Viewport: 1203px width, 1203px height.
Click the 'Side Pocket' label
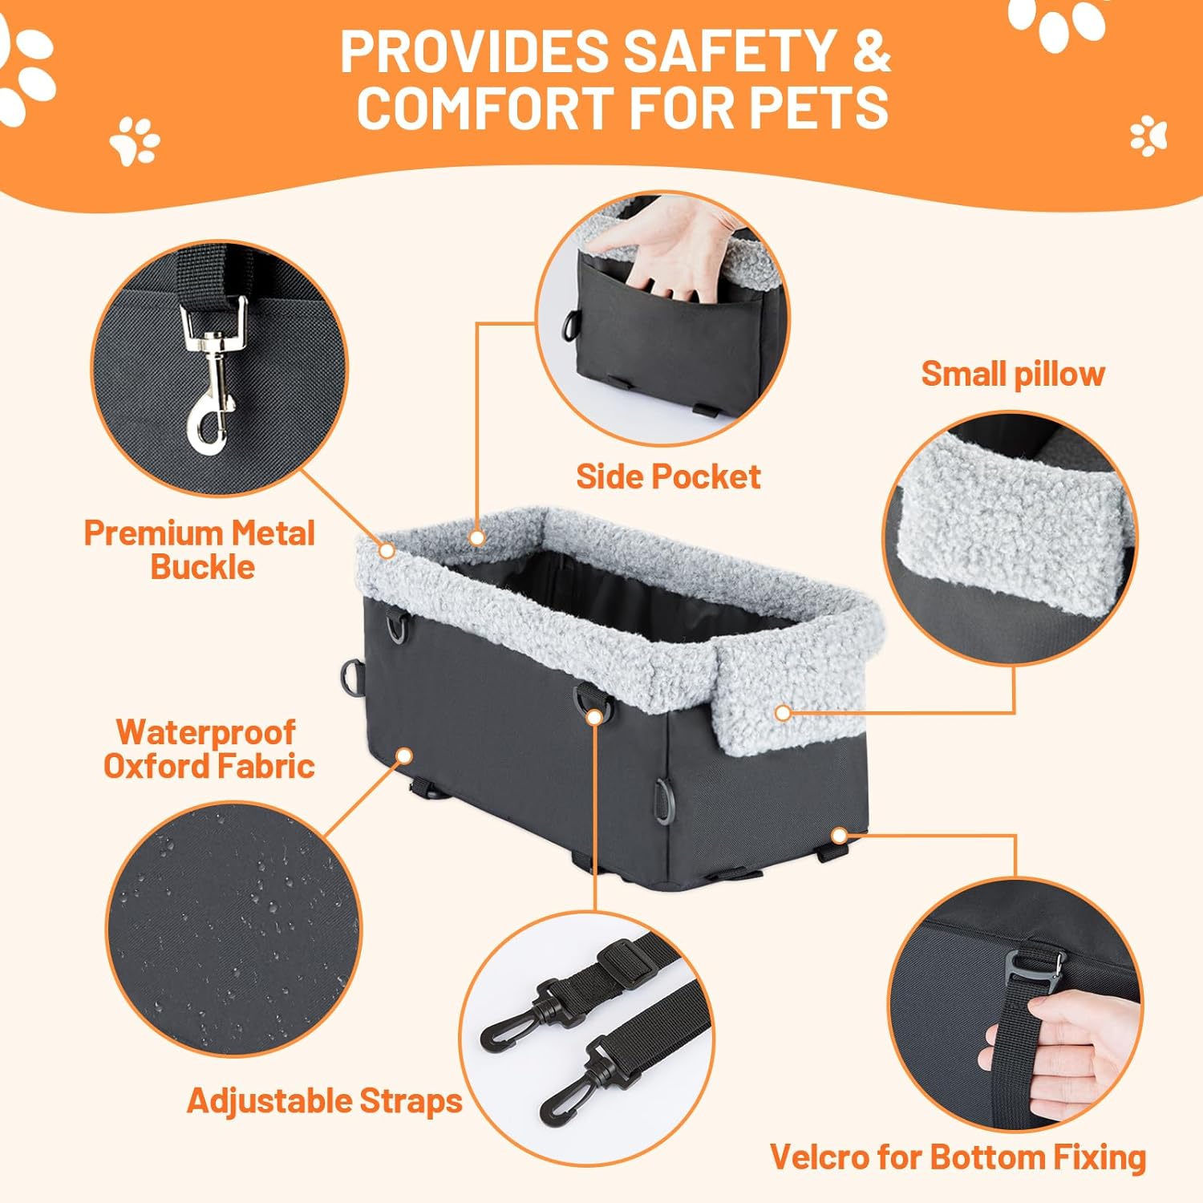[668, 476]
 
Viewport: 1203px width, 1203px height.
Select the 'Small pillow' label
[1012, 374]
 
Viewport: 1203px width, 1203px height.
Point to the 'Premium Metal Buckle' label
[200, 549]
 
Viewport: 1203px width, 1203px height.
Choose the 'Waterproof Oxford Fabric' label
[209, 748]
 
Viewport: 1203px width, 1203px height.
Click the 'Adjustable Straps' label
[325, 1100]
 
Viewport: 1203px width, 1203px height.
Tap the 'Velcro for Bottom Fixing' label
[958, 1156]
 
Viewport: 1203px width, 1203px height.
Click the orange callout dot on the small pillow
[783, 712]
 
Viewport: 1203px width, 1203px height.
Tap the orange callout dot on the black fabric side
[405, 755]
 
